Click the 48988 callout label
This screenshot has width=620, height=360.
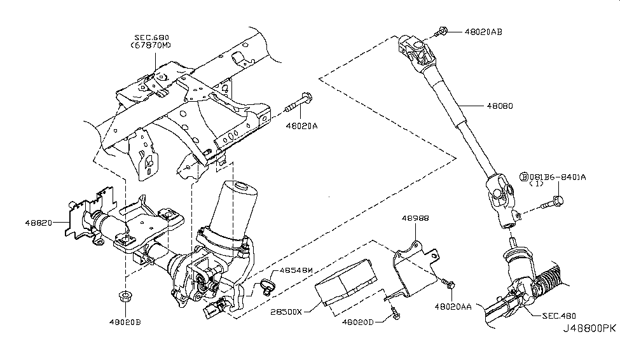tap(415, 218)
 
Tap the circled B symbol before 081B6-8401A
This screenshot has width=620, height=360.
tap(525, 176)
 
